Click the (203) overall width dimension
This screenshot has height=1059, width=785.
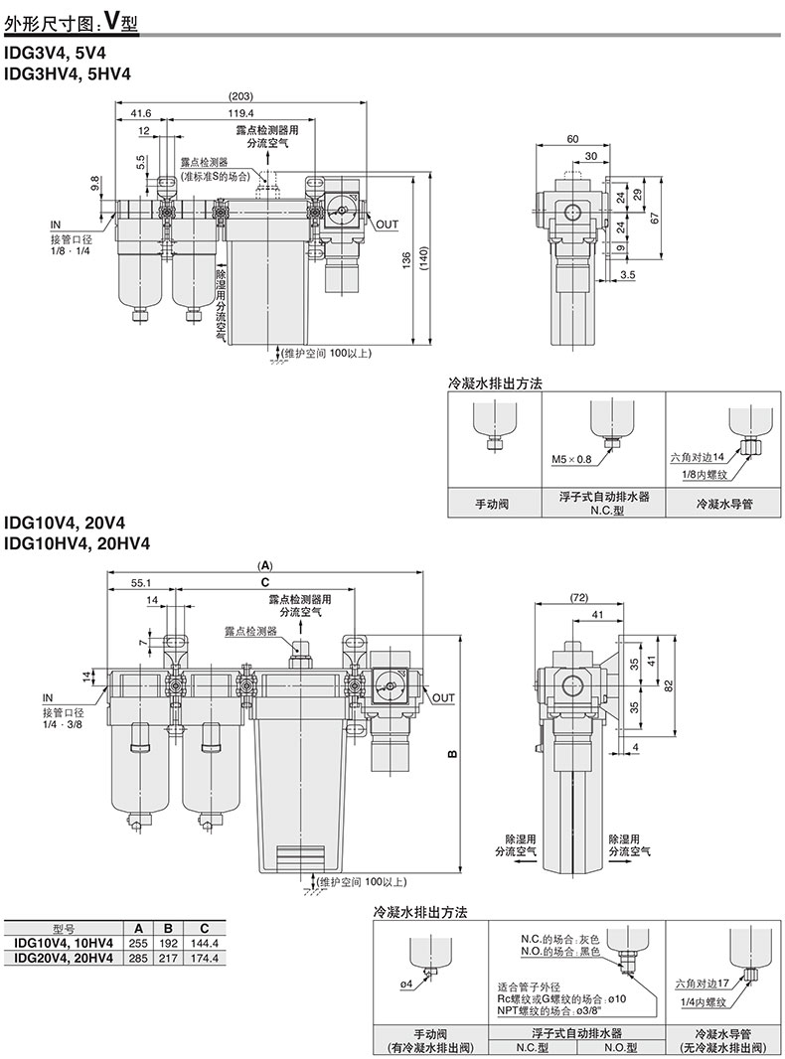[x=239, y=96]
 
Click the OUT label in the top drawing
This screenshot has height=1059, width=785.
[x=387, y=225]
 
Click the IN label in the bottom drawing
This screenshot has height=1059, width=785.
[x=49, y=696]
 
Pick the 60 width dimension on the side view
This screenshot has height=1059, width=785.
[x=573, y=139]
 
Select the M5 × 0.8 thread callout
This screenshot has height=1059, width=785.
[x=571, y=459]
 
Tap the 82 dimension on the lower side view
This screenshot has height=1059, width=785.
[x=669, y=684]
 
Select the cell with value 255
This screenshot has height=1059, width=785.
[x=139, y=943]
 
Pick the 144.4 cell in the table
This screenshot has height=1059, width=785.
[x=204, y=943]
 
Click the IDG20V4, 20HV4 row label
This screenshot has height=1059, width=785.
[x=61, y=958]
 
